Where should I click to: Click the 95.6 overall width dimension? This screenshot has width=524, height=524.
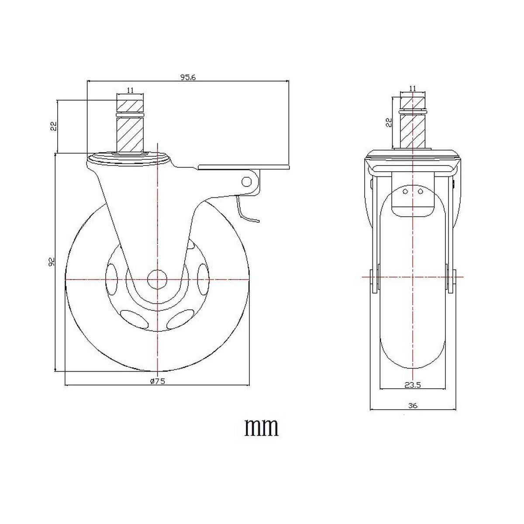(188, 77)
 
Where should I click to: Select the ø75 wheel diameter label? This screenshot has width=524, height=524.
(157, 381)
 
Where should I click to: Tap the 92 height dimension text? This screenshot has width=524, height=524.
(52, 262)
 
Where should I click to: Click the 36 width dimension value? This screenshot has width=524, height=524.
(413, 406)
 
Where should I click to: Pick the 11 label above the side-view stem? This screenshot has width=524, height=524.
(130, 90)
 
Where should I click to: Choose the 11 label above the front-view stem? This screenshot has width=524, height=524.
(413, 88)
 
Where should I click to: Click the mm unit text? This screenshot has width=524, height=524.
(261, 427)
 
